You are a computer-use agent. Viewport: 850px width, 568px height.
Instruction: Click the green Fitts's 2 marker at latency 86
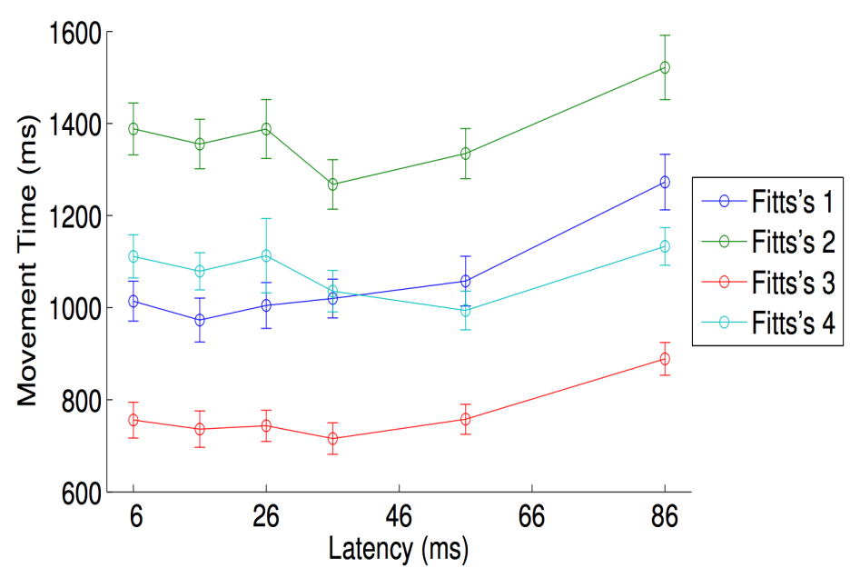point(665,68)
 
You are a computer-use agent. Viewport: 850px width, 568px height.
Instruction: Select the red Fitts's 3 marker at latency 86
point(665,359)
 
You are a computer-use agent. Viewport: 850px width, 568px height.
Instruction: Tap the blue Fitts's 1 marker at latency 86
point(665,183)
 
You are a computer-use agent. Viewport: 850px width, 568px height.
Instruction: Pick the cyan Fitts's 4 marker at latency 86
point(665,247)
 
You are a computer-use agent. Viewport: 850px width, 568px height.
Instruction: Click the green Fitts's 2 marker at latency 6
point(133,129)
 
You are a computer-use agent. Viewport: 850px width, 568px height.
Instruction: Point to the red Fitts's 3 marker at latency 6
point(133,420)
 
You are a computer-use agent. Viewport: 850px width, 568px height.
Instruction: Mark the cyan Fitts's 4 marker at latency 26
point(266,255)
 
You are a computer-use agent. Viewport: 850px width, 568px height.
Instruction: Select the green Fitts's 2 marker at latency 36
point(333,184)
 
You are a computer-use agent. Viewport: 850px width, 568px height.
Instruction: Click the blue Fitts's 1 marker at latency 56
point(466,281)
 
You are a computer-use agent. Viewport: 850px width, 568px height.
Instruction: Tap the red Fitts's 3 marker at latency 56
point(466,419)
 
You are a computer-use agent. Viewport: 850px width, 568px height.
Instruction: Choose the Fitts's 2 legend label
point(793,242)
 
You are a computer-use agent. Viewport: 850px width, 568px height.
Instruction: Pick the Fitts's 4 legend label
point(793,323)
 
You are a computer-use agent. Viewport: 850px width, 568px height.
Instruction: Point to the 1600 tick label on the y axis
point(75,33)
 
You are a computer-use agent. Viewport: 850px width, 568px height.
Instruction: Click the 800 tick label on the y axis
point(82,402)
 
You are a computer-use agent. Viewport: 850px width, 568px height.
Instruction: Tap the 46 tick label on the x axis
point(399,516)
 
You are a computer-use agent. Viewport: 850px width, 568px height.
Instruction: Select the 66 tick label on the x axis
point(532,516)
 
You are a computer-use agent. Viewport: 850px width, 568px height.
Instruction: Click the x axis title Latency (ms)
point(399,549)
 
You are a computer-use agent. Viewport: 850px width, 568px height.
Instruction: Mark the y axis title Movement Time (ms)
point(27,261)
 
